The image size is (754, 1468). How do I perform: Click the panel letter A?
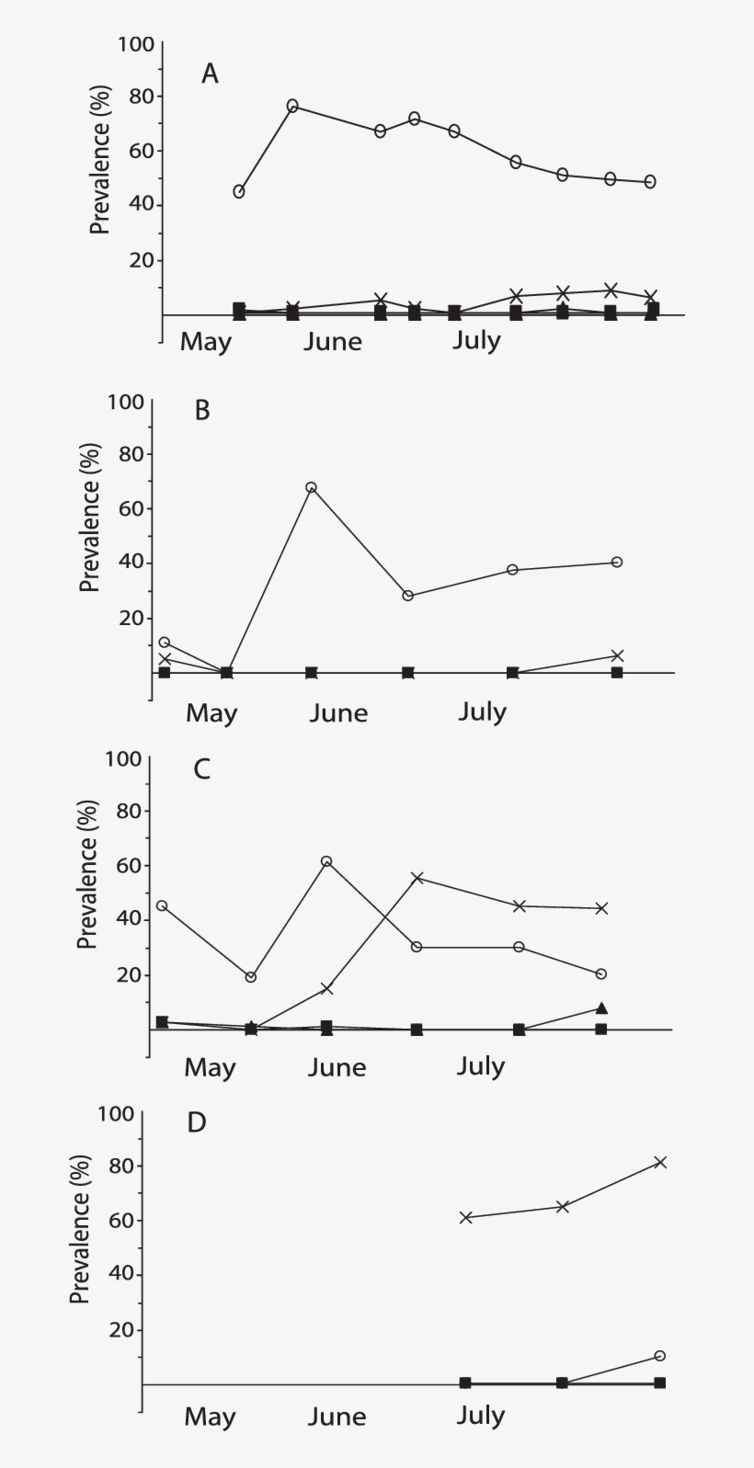click(x=210, y=74)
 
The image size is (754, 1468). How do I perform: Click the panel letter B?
click(x=202, y=410)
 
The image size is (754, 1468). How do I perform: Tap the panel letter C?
click(x=202, y=768)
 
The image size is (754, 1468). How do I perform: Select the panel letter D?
click(x=197, y=1122)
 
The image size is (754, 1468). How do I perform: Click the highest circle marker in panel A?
click(x=292, y=106)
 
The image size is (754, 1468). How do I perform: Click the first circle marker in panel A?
click(x=239, y=191)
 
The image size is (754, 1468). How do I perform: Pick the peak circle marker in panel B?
click(x=311, y=487)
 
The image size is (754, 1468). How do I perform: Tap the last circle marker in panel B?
click(x=617, y=562)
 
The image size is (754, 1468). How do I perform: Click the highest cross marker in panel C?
click(x=417, y=878)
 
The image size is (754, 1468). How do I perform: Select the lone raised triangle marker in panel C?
click(x=601, y=1008)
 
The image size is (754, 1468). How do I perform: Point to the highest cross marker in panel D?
click(x=660, y=1162)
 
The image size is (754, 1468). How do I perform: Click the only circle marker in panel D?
click(x=660, y=1356)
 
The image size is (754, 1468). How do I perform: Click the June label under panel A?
click(x=333, y=342)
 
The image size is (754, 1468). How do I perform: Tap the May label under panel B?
click(x=211, y=713)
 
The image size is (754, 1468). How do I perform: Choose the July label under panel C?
click(x=481, y=1066)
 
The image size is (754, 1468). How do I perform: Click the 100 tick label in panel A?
click(x=136, y=43)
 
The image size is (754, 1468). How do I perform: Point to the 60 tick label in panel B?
click(x=129, y=508)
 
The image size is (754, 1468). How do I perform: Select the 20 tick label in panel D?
click(x=120, y=1330)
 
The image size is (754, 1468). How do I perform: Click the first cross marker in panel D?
click(x=466, y=1217)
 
